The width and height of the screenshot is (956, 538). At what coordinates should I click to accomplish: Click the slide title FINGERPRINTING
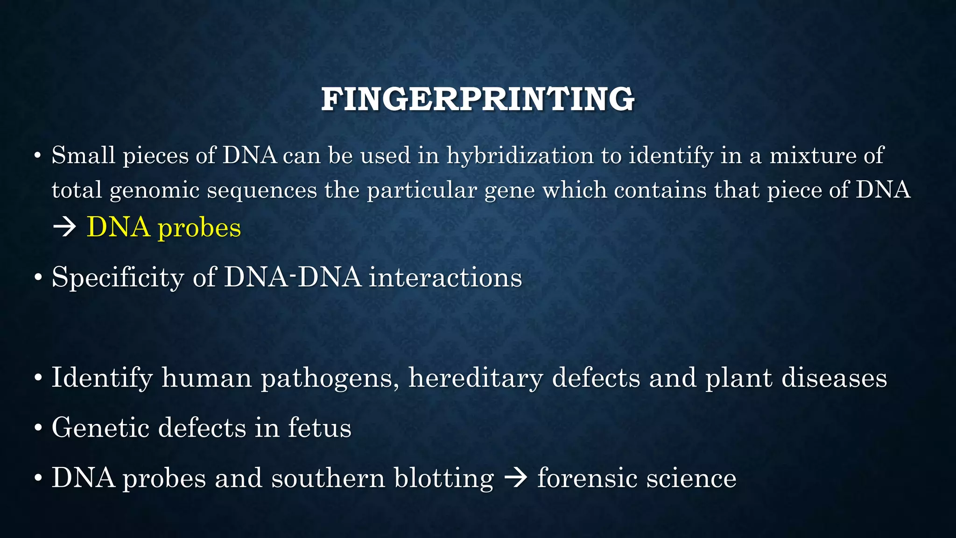point(478,99)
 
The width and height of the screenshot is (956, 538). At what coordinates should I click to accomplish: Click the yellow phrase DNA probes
point(164,228)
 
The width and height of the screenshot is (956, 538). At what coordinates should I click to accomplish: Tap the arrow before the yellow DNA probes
point(64,228)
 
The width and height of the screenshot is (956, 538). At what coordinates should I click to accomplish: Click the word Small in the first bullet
point(83,155)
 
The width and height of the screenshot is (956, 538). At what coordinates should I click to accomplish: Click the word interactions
point(445,277)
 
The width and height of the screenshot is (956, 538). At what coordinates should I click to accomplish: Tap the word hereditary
point(476,378)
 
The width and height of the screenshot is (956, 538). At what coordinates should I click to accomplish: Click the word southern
point(328,478)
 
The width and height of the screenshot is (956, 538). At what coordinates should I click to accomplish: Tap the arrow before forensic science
point(515,478)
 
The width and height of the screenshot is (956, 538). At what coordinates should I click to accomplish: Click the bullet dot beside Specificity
point(38,278)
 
